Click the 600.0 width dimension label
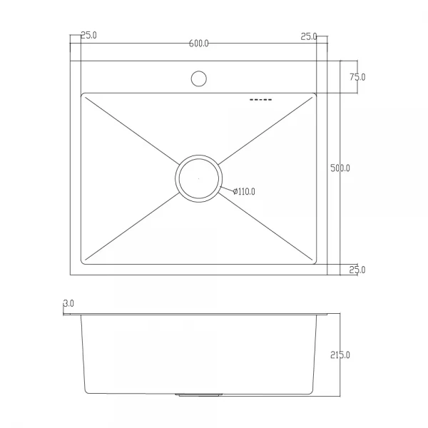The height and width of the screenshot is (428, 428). click(x=199, y=44)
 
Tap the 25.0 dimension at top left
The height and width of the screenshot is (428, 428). click(x=89, y=36)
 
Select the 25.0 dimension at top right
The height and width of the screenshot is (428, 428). click(x=309, y=36)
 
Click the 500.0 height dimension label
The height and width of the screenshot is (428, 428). click(x=340, y=168)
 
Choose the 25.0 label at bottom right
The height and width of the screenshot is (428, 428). click(x=357, y=270)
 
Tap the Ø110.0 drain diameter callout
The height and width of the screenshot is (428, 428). click(x=243, y=191)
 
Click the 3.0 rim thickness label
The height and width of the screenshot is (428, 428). click(x=69, y=304)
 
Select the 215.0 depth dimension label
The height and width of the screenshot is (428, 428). click(x=340, y=355)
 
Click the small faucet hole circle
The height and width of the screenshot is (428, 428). click(x=199, y=78)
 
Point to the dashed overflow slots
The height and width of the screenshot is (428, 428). click(x=260, y=101)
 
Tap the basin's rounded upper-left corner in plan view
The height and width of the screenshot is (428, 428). click(x=84, y=96)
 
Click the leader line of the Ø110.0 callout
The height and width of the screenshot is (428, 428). click(x=227, y=188)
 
